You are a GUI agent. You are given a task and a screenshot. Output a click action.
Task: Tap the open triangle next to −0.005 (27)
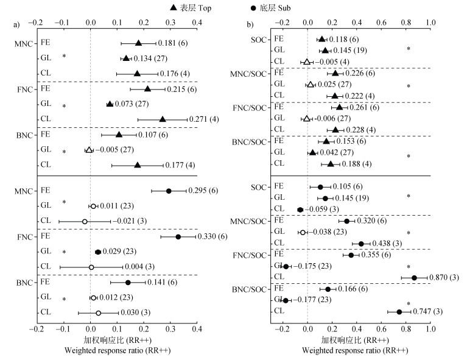point(89,150)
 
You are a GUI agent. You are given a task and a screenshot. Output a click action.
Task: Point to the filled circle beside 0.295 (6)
point(169,191)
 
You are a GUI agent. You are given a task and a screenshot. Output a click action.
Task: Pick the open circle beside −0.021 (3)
point(85,221)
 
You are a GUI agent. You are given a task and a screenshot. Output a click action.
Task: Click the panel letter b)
point(250,24)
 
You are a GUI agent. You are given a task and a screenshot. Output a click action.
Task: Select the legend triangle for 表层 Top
point(174,7)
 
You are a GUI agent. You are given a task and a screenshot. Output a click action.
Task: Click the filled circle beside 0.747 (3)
point(399,312)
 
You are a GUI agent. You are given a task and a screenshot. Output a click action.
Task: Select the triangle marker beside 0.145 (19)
point(325,50)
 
